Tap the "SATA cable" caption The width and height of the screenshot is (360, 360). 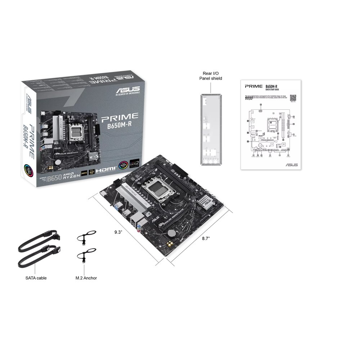36,278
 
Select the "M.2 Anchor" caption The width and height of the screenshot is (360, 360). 86,278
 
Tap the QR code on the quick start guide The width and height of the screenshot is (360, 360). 293,98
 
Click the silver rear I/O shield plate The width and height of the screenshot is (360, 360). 211,130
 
